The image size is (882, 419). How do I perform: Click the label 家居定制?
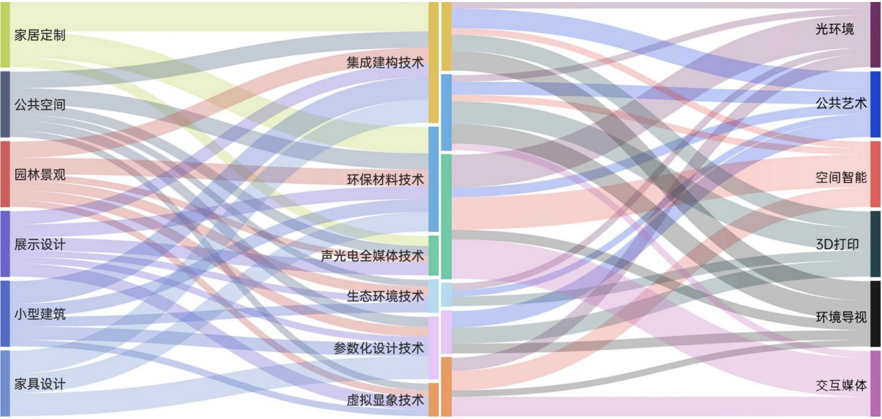click(x=40, y=35)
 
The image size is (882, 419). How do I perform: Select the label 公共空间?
click(x=40, y=105)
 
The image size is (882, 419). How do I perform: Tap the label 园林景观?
click(x=40, y=175)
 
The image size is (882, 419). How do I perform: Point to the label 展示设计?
click(x=40, y=244)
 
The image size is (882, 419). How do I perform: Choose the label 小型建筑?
click(x=40, y=314)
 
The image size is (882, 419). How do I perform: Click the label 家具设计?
click(x=40, y=384)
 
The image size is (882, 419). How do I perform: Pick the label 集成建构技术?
click(x=385, y=62)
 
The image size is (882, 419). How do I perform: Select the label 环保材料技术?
click(x=385, y=179)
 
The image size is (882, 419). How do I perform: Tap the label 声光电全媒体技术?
click(x=372, y=256)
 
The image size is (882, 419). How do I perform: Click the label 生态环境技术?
click(x=385, y=296)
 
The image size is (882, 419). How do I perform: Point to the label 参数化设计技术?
click(x=379, y=348)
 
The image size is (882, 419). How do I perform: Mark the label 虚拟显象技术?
click(x=385, y=400)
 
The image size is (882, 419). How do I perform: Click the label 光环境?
click(x=834, y=29)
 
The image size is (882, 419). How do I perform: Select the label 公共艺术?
click(x=841, y=104)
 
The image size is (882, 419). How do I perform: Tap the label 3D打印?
click(x=837, y=244)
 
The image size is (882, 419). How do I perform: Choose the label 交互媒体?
click(x=841, y=385)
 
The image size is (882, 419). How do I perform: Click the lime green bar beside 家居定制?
click(x=5, y=35)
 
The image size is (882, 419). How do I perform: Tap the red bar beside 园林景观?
click(x=5, y=174)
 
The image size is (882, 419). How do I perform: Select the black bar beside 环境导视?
click(x=875, y=314)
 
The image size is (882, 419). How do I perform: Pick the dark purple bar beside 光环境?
click(x=875, y=35)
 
